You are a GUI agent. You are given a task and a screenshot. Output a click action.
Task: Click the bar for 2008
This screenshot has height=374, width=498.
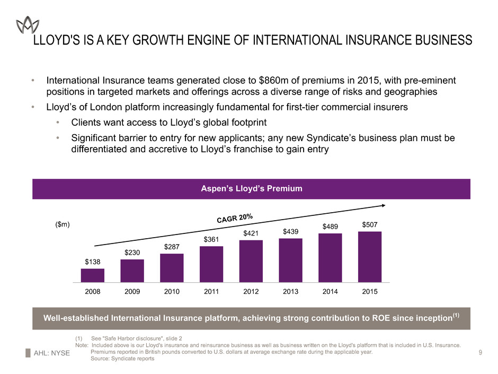point(92,275)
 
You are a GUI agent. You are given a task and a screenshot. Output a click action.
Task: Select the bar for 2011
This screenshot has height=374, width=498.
point(211,264)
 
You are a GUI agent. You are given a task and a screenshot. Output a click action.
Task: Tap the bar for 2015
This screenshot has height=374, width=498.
point(370,256)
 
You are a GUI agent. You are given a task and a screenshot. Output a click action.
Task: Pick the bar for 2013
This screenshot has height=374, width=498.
point(290,260)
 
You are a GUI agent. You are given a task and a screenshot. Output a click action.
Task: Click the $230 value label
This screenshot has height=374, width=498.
point(132,254)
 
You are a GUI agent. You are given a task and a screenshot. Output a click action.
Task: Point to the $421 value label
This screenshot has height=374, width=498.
point(251,233)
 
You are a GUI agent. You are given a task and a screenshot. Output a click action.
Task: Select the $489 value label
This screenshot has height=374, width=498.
point(330,227)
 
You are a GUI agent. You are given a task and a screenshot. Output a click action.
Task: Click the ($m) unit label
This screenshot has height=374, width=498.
point(63,225)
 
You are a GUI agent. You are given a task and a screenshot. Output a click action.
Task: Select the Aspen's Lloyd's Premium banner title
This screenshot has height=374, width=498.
point(251,189)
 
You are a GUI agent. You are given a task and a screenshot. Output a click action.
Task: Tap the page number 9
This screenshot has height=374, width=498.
point(479,352)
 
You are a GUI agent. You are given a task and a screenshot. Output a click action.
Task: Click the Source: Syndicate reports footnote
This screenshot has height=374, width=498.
point(122,359)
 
